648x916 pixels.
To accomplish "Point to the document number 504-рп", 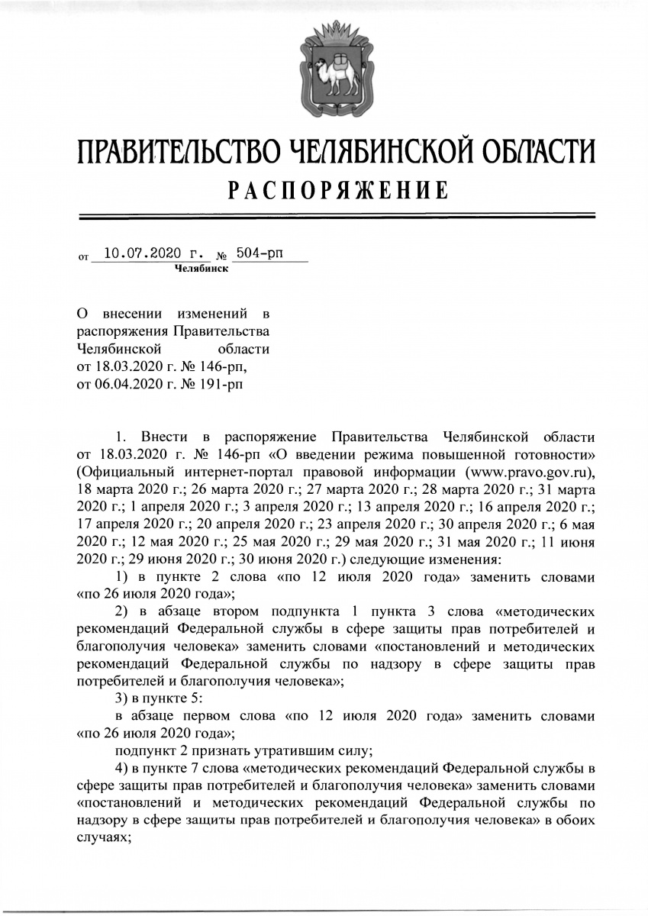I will coord(259,253).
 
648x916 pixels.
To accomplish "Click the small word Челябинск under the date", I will coord(201,268).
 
